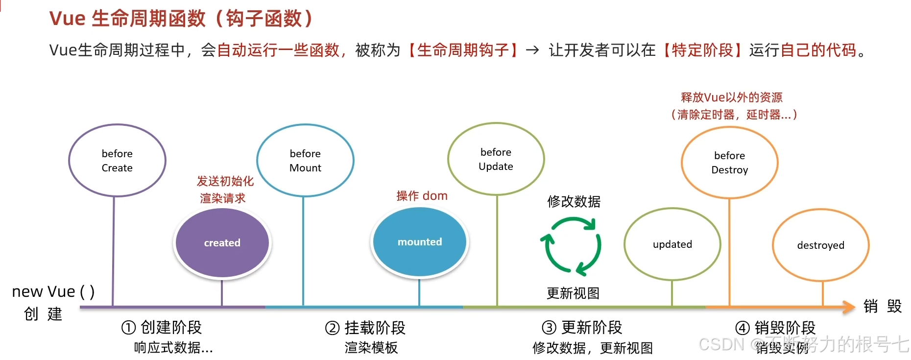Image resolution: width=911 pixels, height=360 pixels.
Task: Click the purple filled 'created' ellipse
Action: coord(222,243)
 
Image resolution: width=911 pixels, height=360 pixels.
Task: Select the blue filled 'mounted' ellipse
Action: coord(419,242)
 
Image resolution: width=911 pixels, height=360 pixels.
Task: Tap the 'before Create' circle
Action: coord(117,161)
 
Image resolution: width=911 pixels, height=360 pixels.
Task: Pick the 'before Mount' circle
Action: coord(305,161)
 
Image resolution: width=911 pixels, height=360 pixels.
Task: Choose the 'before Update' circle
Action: coord(496,159)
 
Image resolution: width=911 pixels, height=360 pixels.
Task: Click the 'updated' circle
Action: coord(672,244)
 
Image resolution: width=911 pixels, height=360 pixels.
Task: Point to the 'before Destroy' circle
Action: coord(729,163)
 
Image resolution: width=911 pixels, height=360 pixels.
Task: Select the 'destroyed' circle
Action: coord(820,245)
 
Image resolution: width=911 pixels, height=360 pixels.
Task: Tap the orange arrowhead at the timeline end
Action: coord(848,307)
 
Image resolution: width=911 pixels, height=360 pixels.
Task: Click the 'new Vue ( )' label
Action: coord(53,291)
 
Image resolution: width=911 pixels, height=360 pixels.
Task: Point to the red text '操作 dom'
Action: coord(422,196)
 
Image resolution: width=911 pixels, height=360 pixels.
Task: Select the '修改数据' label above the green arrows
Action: coord(574,201)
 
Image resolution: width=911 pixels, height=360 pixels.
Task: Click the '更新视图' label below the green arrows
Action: coord(573,293)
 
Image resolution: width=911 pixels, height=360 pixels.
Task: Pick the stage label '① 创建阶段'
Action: coord(162,327)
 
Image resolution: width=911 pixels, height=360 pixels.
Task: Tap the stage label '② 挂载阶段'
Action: coord(365,328)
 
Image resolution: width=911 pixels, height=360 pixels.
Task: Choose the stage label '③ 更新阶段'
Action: coord(582,327)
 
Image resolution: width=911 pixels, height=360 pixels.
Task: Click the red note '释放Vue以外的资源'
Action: coord(731,97)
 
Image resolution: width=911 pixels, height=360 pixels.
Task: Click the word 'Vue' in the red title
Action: coord(68,19)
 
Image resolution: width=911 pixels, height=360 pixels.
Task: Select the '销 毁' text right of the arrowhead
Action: coord(882,307)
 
